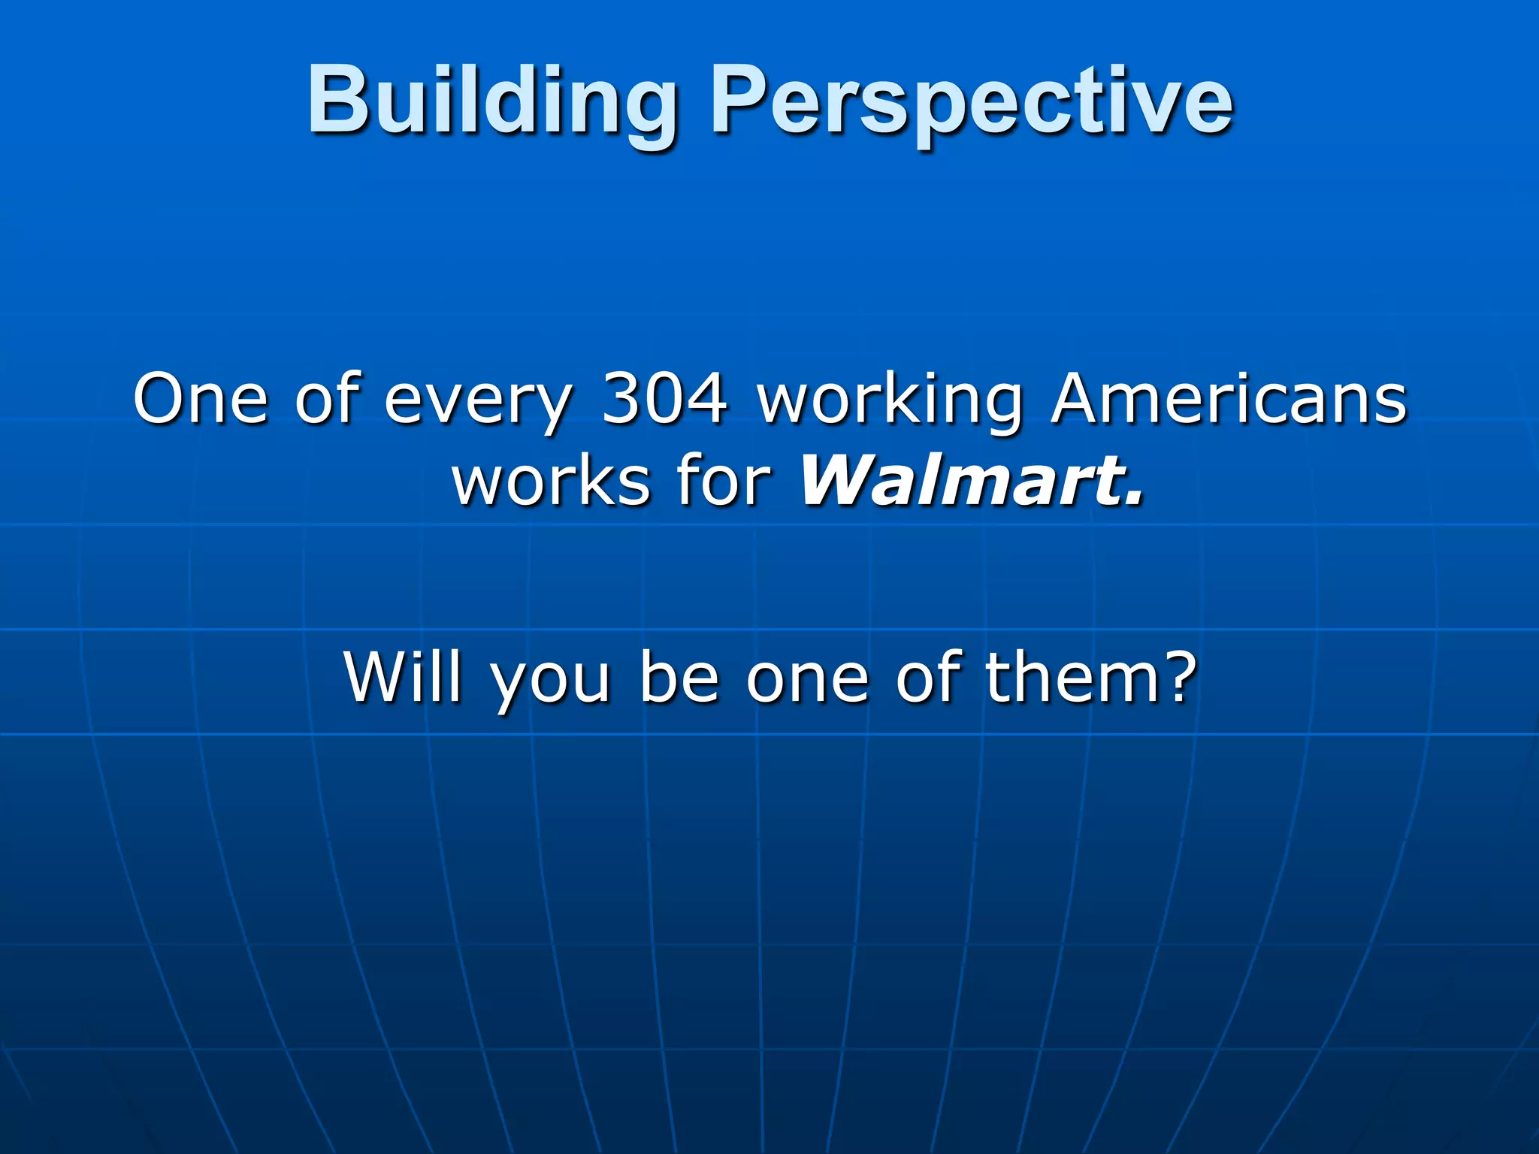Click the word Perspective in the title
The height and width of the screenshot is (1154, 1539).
(x=971, y=101)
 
